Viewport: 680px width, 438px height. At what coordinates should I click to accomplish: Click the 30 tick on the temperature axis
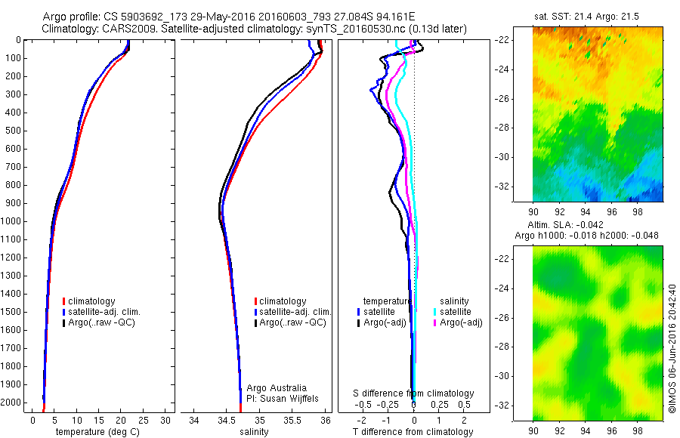click(165, 420)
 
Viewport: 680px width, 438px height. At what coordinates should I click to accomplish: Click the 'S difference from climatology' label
click(414, 393)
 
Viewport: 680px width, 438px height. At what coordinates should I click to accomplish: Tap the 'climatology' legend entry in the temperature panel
click(100, 301)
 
